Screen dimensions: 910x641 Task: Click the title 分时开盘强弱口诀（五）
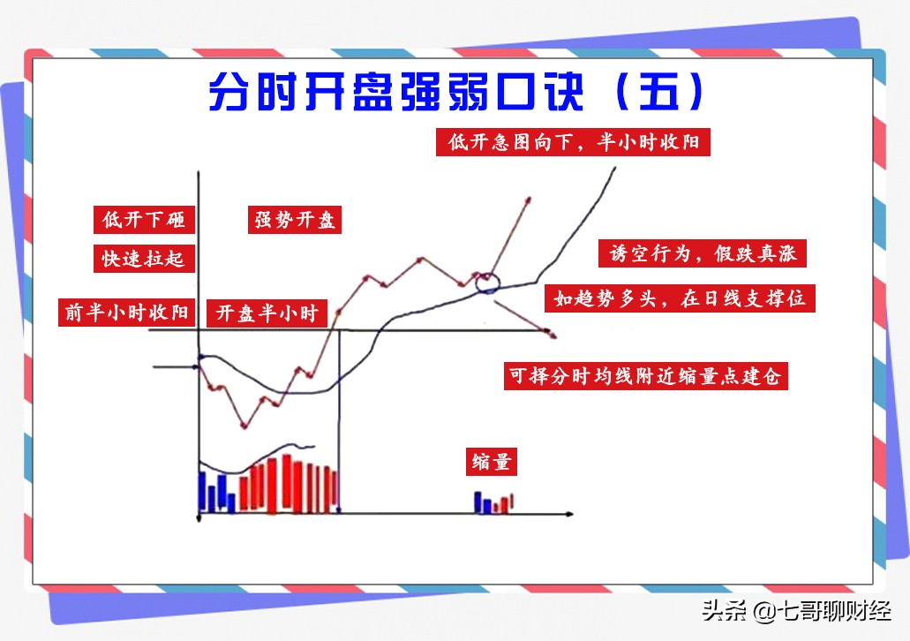click(456, 92)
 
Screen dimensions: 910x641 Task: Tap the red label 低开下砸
click(144, 220)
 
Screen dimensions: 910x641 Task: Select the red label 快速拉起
click(144, 259)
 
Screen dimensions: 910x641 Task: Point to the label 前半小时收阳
click(126, 313)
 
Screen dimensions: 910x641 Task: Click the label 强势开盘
click(295, 220)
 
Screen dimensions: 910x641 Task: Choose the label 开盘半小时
click(267, 313)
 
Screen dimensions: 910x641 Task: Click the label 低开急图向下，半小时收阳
click(574, 141)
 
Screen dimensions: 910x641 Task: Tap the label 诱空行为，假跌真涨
click(703, 253)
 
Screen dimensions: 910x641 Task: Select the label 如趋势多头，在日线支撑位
click(681, 298)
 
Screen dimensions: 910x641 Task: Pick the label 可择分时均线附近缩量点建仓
click(646, 375)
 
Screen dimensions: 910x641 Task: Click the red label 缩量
click(492, 462)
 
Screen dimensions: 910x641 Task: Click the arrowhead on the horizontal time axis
click(570, 514)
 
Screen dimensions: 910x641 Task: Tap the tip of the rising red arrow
click(529, 200)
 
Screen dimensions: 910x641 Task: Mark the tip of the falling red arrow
click(553, 335)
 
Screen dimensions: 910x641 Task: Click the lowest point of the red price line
click(244, 426)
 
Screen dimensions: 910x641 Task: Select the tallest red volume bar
click(287, 483)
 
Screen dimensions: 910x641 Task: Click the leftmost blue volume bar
click(202, 493)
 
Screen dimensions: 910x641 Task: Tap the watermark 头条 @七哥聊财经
click(796, 610)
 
